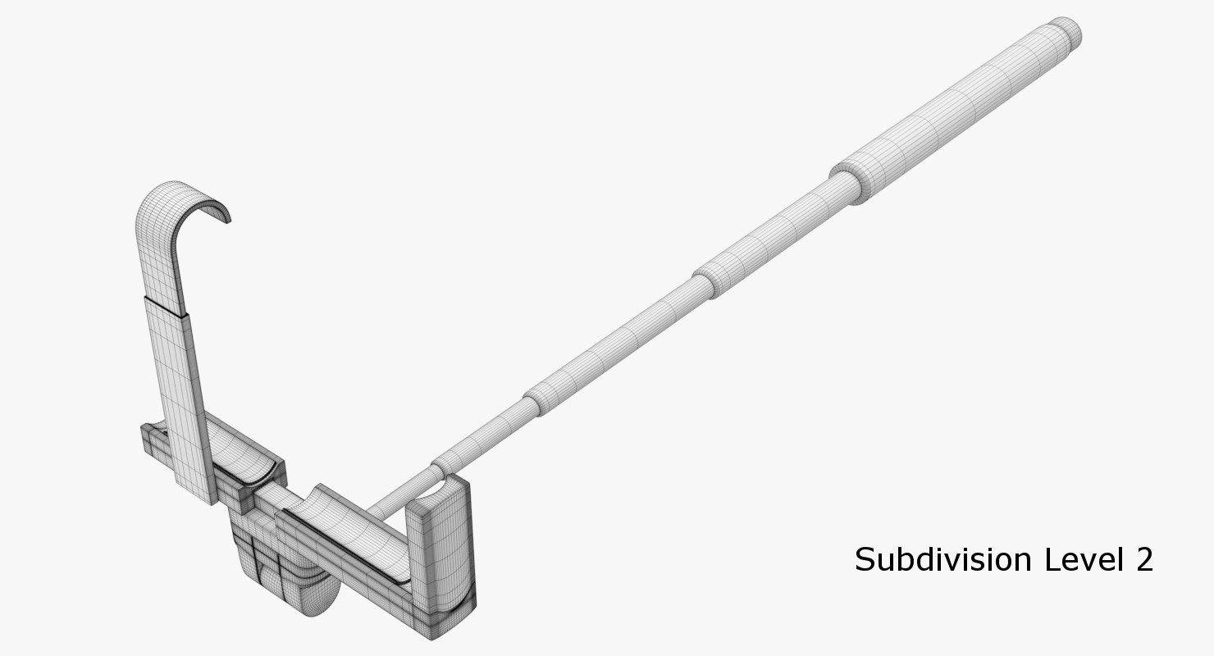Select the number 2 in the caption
pos(1143,560)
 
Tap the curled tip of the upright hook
pos(224,215)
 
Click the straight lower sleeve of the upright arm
pos(176,394)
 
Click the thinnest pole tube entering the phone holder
pos(402,492)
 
